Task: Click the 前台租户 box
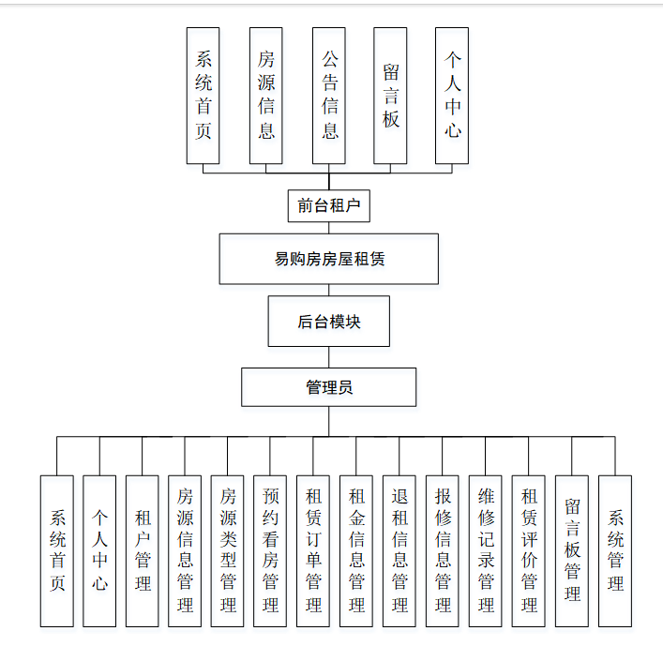(328, 205)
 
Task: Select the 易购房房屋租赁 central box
(328, 259)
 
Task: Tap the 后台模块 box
(328, 322)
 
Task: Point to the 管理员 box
(328, 386)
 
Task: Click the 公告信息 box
(329, 96)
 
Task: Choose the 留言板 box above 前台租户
(390, 96)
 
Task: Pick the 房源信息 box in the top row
(266, 96)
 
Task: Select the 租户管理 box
(143, 550)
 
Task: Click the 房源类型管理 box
(228, 550)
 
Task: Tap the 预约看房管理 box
(271, 550)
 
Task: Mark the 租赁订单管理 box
(314, 550)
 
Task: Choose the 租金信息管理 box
(356, 550)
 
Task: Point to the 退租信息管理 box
(399, 550)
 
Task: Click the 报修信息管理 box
(443, 550)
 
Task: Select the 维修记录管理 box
(486, 550)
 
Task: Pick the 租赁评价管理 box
(529, 550)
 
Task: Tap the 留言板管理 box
(572, 550)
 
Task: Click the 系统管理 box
(615, 550)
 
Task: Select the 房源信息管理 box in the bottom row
(185, 550)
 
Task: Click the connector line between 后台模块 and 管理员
(328, 357)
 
